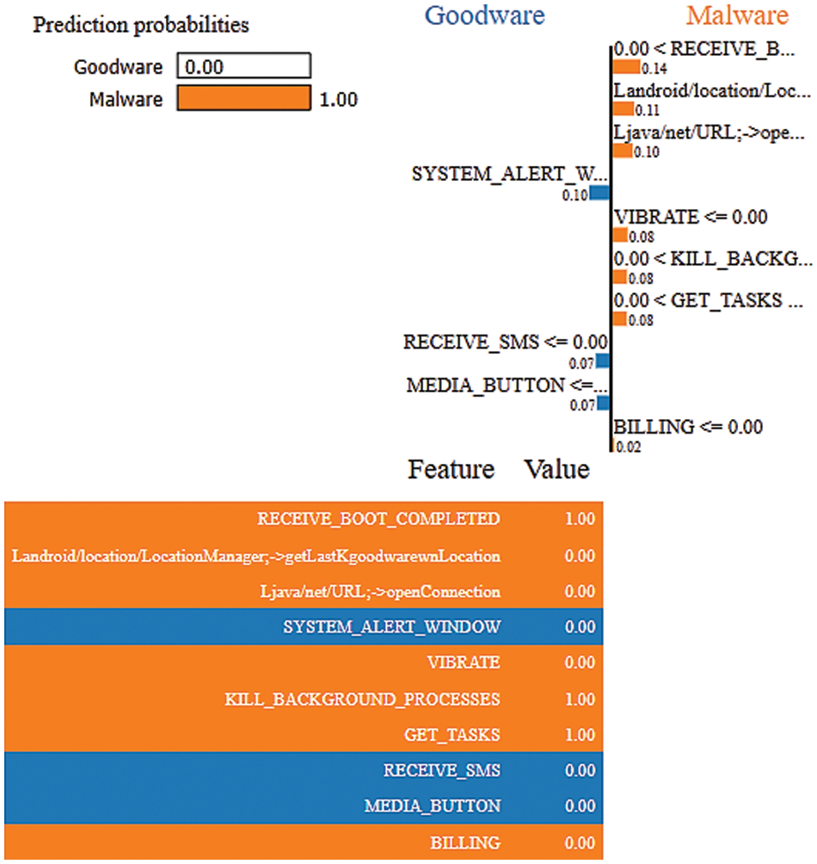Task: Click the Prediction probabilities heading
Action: point(141,25)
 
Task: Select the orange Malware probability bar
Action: point(243,99)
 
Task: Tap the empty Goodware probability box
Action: point(243,66)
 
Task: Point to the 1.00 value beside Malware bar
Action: point(338,100)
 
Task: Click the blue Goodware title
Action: point(485,15)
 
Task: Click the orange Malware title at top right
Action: point(738,15)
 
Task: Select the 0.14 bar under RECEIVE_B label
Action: point(626,66)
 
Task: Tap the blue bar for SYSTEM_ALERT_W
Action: point(599,193)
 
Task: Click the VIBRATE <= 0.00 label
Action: point(691,217)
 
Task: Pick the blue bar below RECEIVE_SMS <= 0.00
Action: point(603,361)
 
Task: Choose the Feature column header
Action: point(451,470)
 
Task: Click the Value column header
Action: point(557,470)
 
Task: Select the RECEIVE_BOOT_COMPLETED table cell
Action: point(378,519)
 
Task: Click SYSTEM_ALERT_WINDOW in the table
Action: point(391,626)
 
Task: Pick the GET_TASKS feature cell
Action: point(451,735)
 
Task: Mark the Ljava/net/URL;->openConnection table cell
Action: point(379,591)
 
